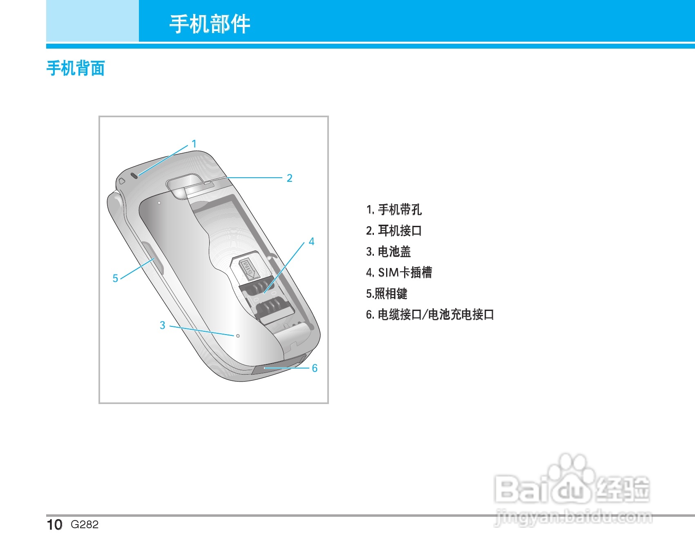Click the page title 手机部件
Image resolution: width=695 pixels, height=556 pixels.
pos(210,24)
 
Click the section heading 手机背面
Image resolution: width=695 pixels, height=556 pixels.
pos(76,68)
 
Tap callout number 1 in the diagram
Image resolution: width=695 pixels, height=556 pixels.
pos(194,144)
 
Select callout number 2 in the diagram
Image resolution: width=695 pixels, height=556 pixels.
pos(289,178)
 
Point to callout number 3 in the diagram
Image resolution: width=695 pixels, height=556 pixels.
pos(162,325)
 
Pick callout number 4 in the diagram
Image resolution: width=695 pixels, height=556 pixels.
pos(311,241)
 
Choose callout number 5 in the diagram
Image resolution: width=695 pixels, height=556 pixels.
pos(115,278)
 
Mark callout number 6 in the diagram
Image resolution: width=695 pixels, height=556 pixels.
pos(315,368)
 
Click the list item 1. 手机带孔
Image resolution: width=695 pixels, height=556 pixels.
pos(394,210)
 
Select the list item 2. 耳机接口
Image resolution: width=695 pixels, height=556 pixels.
pos(394,231)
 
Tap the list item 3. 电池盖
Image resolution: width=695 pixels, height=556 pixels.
pos(389,252)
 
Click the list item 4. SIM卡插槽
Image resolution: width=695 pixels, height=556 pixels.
pos(399,272)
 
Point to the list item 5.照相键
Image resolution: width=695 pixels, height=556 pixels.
pos(387,293)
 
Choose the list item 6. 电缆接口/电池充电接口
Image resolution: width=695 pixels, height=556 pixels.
pos(430,315)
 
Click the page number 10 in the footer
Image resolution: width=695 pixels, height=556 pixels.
pos(54,525)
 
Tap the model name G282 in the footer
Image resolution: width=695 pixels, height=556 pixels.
pos(85,525)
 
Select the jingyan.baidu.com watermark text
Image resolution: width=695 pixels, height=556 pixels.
pos(573,518)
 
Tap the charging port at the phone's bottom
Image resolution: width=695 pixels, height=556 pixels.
pos(278,366)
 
